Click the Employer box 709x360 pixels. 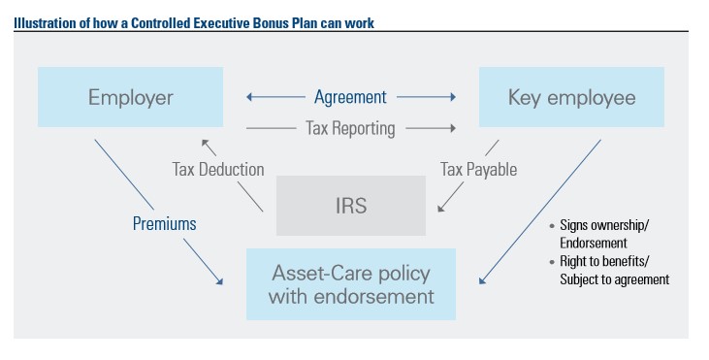click(x=130, y=97)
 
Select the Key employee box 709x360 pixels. click(x=571, y=97)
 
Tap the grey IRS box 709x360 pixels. click(x=350, y=206)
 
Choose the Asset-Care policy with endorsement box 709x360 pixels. click(x=350, y=283)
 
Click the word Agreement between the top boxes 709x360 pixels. click(x=350, y=97)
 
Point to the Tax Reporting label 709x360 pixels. click(x=350, y=127)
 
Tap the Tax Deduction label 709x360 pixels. click(x=218, y=169)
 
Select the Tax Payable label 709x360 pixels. click(x=478, y=169)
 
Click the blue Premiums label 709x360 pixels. click(x=165, y=223)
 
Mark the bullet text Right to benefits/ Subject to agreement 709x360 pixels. click(x=612, y=271)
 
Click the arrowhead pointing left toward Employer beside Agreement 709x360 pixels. click(x=250, y=97)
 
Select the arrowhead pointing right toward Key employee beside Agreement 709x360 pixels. click(x=452, y=97)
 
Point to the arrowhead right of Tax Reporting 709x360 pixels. click(x=452, y=127)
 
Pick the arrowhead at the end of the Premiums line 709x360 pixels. click(x=220, y=281)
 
